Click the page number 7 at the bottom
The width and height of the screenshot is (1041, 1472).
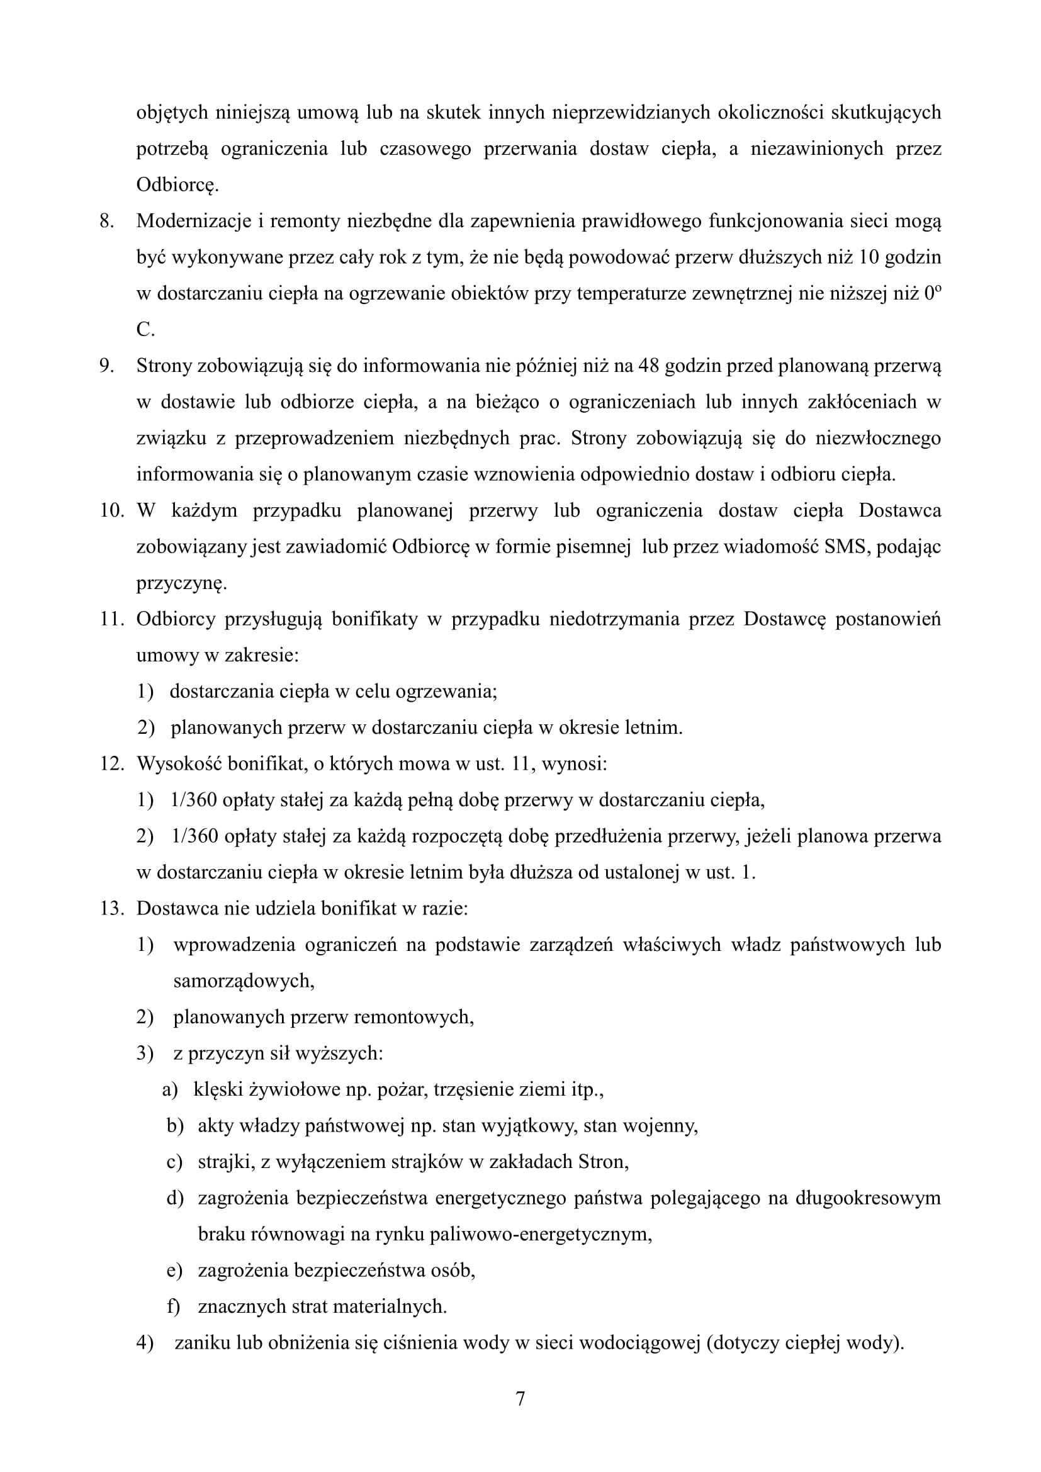click(520, 1398)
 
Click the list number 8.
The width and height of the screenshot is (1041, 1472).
click(106, 221)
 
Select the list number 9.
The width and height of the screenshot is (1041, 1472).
click(106, 366)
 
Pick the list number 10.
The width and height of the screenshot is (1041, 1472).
click(111, 511)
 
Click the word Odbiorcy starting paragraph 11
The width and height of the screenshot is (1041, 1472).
click(176, 619)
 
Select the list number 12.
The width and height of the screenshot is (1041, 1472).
click(111, 763)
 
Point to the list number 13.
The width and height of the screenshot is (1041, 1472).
click(111, 909)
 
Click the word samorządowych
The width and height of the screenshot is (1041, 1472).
click(244, 981)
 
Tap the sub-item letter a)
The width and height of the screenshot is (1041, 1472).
click(170, 1089)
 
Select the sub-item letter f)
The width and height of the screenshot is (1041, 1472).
click(173, 1306)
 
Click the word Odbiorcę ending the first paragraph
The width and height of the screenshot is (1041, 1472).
click(177, 185)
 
